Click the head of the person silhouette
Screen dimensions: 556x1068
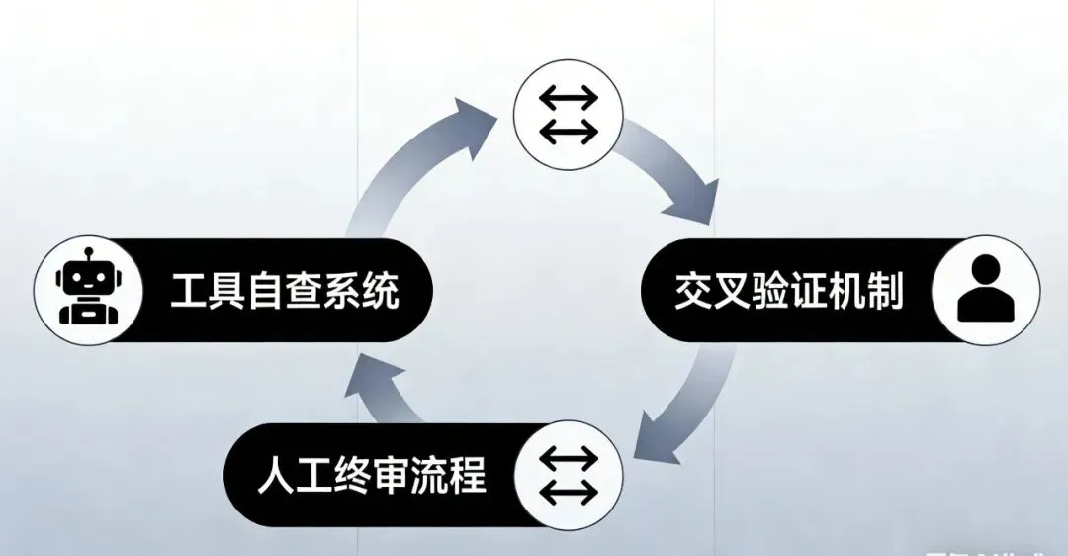[986, 273]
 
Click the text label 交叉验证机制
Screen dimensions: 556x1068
[788, 290]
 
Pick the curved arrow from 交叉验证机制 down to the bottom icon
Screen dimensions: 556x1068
[692, 406]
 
